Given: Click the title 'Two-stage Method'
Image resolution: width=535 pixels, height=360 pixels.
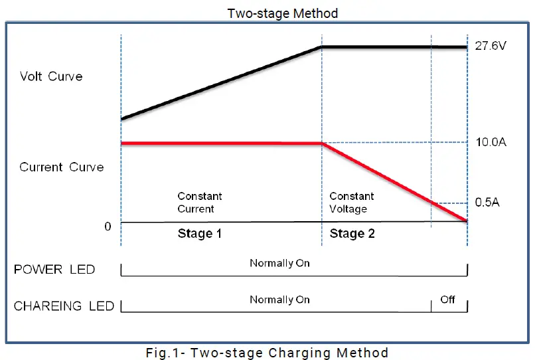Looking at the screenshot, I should [282, 13].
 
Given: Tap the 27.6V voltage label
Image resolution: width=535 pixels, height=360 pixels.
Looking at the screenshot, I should [492, 47].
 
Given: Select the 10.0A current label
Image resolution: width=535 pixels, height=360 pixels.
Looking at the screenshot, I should [492, 142].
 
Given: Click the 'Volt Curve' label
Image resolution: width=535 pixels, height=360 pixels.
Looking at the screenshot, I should [51, 76].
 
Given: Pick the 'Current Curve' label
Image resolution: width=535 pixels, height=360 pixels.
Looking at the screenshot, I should [61, 167].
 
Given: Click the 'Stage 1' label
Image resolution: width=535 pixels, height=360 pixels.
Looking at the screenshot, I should [200, 234].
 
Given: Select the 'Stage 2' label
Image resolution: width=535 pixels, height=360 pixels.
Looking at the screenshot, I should [352, 234].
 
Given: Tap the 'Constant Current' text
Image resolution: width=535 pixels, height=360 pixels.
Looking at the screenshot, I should [200, 203].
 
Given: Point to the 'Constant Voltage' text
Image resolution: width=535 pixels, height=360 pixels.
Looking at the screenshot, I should [351, 203].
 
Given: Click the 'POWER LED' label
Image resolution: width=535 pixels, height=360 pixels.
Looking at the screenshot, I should [54, 270].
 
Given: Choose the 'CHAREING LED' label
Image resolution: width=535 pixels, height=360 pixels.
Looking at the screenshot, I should [64, 306].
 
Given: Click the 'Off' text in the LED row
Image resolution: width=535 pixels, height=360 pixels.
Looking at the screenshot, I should [448, 300].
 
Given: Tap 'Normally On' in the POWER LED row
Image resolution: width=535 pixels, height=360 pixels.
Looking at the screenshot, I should [279, 263].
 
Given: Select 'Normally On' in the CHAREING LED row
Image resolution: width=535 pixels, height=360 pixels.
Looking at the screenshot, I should [279, 300].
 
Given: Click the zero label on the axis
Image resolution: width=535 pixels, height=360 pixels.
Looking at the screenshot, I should [108, 226].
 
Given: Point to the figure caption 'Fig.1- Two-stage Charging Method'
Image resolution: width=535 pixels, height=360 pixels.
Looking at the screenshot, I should [267, 353].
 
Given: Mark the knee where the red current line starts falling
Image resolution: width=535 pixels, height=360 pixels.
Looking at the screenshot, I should [322, 143].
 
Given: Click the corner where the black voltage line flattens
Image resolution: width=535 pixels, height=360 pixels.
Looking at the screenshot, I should [322, 47].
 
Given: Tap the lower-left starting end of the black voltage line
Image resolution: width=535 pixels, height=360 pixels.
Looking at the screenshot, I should [122, 119].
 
